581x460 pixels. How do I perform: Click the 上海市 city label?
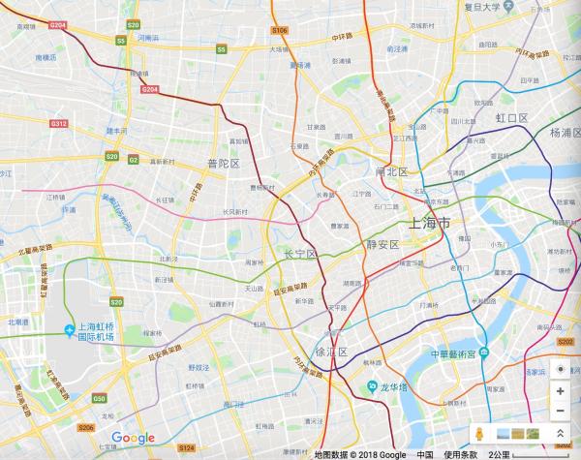point(430,224)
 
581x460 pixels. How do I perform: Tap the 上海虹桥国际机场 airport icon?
point(70,331)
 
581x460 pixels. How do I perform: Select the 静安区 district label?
point(382,245)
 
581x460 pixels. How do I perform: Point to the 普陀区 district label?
point(223,164)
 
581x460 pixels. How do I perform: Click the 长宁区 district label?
point(299,254)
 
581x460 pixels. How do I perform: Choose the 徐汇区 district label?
point(331,353)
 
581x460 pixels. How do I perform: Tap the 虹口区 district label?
point(511,117)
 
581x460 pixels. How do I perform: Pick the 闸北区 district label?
point(393,170)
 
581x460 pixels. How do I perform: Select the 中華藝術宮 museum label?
point(454,353)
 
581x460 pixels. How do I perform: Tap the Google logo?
point(133,439)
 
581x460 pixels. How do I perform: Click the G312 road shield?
point(59,124)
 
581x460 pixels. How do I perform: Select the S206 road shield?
point(86,427)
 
